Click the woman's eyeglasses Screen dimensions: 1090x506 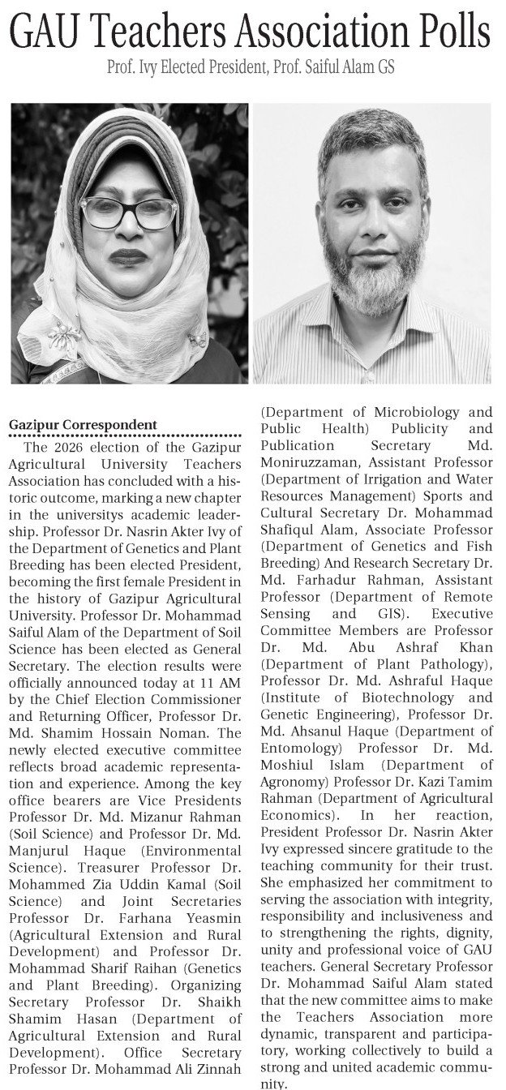(x=128, y=212)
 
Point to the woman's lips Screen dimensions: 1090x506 (x=126, y=258)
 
